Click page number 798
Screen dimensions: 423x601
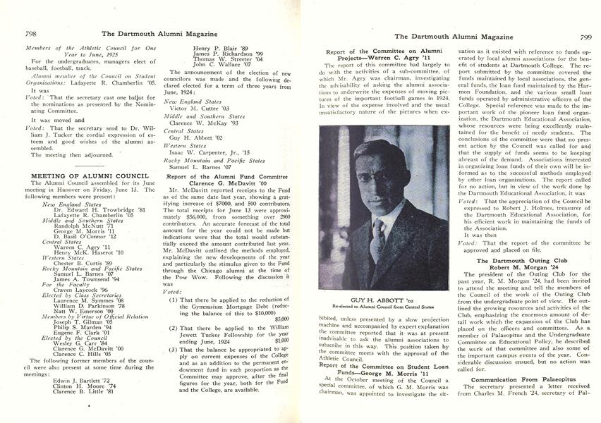point(31,33)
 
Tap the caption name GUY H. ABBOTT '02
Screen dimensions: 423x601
point(382,298)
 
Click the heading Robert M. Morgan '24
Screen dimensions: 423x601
point(518,270)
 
